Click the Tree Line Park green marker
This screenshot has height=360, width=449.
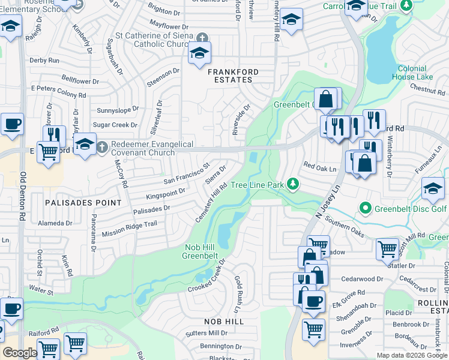(292, 184)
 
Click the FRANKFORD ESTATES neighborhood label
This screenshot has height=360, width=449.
(233, 76)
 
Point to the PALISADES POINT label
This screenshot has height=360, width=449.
(83, 203)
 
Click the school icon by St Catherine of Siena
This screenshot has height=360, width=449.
(199, 54)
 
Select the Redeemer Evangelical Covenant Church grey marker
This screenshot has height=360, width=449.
(103, 146)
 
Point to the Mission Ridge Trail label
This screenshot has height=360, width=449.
(129, 229)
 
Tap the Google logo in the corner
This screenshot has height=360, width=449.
(20, 353)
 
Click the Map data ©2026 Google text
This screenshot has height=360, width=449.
(411, 355)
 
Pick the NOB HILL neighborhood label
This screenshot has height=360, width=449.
(223, 322)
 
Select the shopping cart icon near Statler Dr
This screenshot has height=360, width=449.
(387, 248)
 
